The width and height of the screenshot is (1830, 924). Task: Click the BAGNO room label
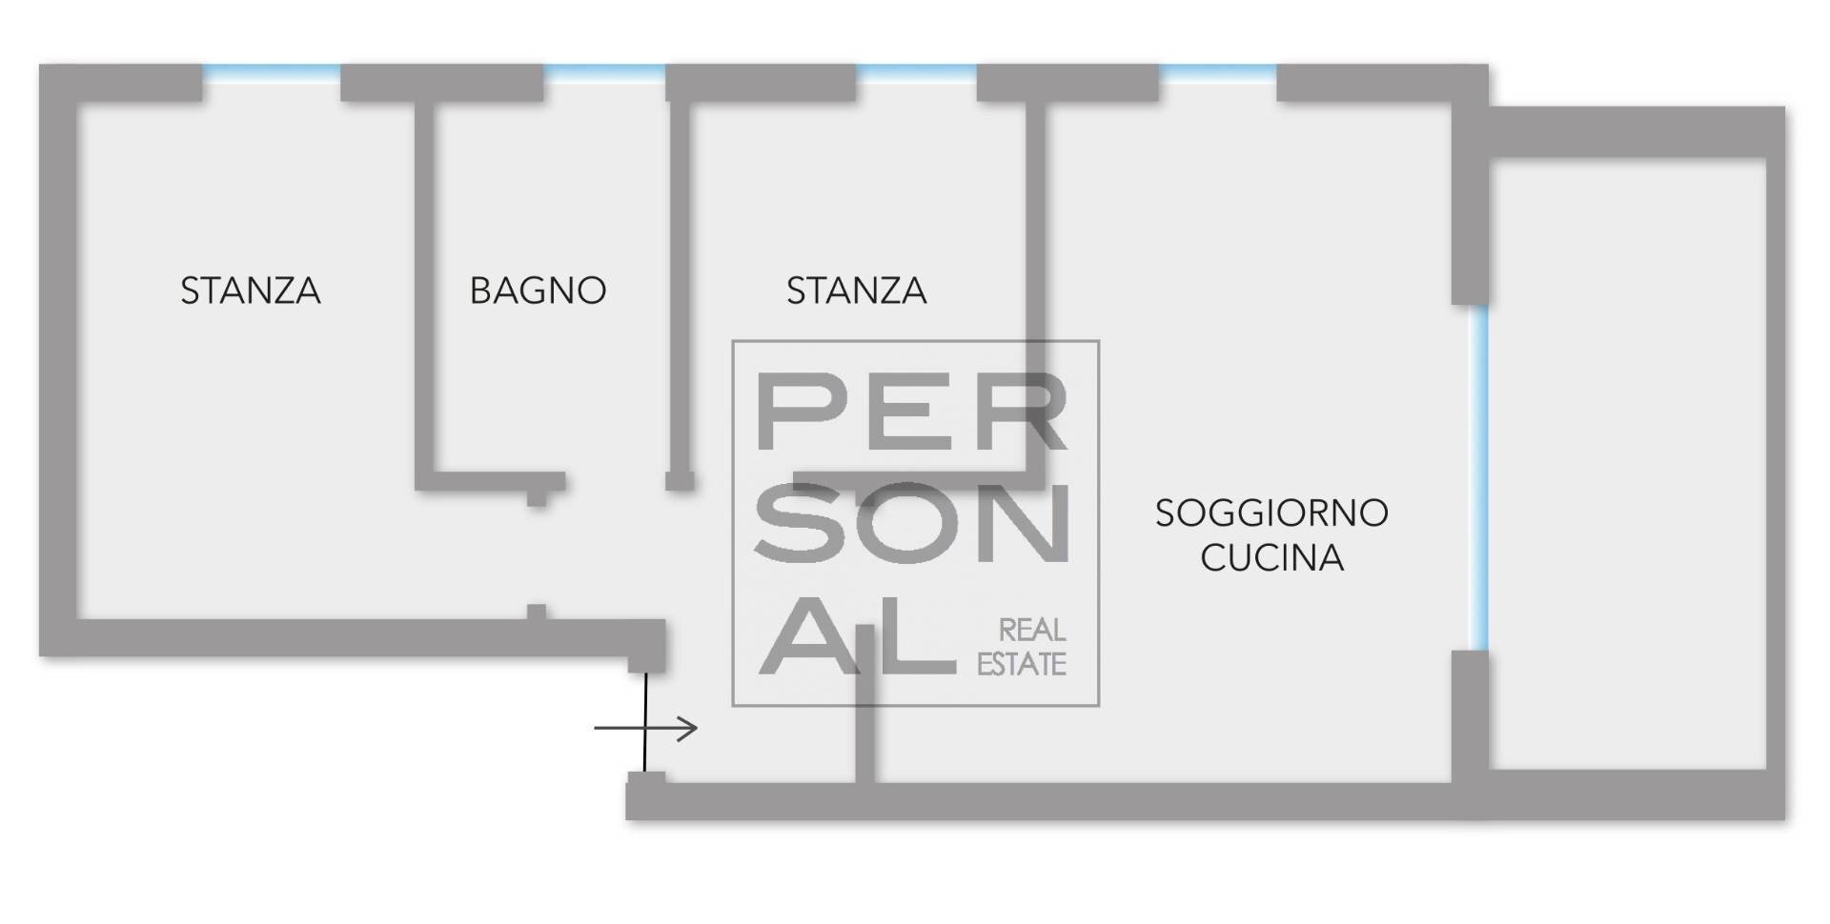click(x=538, y=291)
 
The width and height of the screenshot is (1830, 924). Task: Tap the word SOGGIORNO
click(x=1271, y=513)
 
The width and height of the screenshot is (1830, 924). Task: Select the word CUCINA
click(x=1271, y=558)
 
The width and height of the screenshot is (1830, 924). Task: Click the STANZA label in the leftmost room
click(x=251, y=291)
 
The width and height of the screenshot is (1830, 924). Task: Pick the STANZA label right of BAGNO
click(x=856, y=291)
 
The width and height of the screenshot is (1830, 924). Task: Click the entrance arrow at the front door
click(x=645, y=730)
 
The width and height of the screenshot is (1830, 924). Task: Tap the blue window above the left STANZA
click(x=272, y=70)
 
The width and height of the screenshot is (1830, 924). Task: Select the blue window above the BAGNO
click(x=604, y=70)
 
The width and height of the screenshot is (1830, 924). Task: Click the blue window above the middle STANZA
click(x=916, y=70)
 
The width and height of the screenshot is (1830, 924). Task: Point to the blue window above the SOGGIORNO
click(x=1217, y=70)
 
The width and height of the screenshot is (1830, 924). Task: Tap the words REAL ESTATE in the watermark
click(x=1022, y=647)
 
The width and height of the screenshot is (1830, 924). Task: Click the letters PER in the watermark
click(x=911, y=412)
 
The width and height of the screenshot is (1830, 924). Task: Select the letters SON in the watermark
click(x=911, y=523)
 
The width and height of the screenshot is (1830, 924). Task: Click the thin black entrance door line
click(x=645, y=722)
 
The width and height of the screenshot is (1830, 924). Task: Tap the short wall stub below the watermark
click(x=864, y=724)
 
